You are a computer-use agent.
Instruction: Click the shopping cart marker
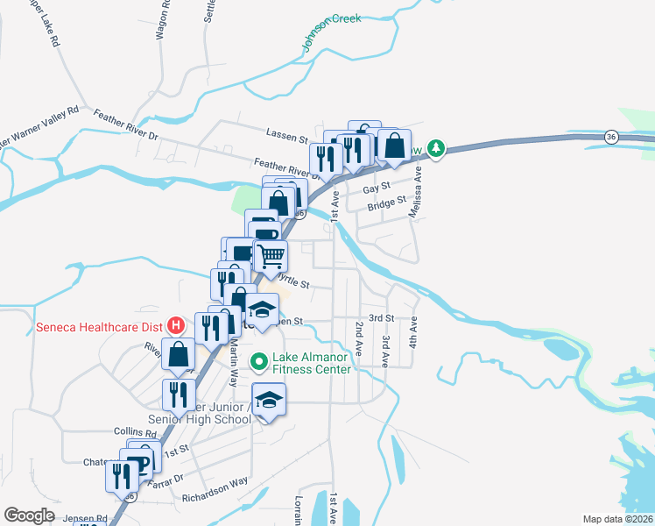coord(271,256)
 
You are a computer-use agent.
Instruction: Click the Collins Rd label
coord(134,431)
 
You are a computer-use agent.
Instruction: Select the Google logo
coord(29,515)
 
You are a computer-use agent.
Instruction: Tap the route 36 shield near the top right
coord(611,137)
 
